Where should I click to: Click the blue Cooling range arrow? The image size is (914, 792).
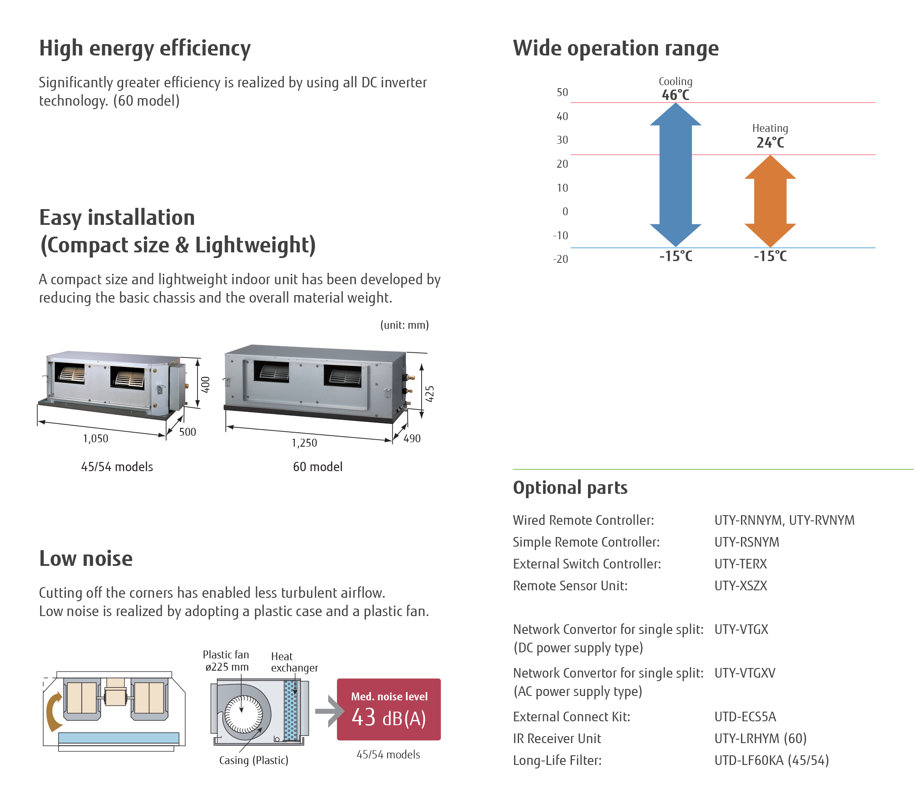pyautogui.click(x=675, y=175)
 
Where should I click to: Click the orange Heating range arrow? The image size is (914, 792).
pyautogui.click(x=770, y=201)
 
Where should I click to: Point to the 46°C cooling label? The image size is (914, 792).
pyautogui.click(x=675, y=95)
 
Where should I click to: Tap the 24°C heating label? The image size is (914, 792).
pyautogui.click(x=770, y=143)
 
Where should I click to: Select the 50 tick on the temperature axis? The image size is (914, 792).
pyautogui.click(x=562, y=93)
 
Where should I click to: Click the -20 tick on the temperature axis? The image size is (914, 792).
pyautogui.click(x=561, y=259)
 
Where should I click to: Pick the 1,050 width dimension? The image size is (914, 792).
pyautogui.click(x=96, y=438)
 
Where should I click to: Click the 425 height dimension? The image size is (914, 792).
pyautogui.click(x=429, y=394)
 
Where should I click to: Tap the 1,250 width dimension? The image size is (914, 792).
pyautogui.click(x=304, y=443)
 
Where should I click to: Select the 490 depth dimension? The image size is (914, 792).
pyautogui.click(x=412, y=438)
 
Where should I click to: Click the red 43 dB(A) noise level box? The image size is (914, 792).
pyautogui.click(x=389, y=709)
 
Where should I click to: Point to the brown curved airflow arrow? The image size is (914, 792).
pyautogui.click(x=55, y=712)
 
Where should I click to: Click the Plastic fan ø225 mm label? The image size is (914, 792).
pyautogui.click(x=226, y=661)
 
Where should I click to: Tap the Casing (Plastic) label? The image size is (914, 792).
pyautogui.click(x=254, y=760)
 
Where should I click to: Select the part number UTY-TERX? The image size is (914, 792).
pyautogui.click(x=741, y=564)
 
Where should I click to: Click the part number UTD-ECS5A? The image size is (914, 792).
pyautogui.click(x=745, y=717)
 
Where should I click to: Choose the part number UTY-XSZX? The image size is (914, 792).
pyautogui.click(x=741, y=585)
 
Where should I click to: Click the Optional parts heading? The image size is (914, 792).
pyautogui.click(x=570, y=488)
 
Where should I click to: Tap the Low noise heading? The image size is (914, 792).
pyautogui.click(x=86, y=558)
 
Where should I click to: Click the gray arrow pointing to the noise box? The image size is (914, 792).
pyautogui.click(x=329, y=711)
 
